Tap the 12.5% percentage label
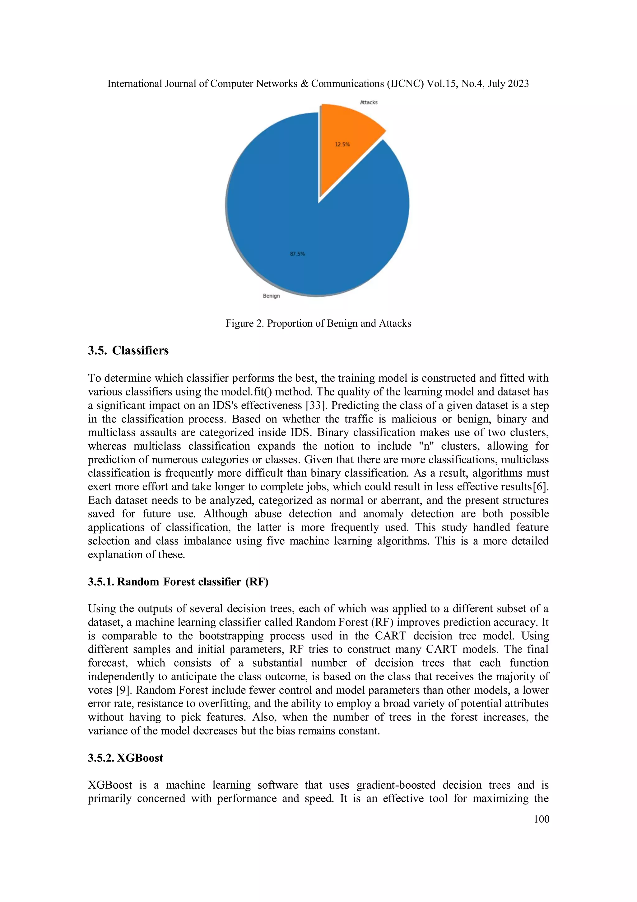pyautogui.click(x=342, y=144)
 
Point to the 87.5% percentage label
pyautogui.click(x=297, y=254)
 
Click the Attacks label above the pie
pyautogui.click(x=369, y=102)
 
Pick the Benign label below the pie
pyautogui.click(x=271, y=296)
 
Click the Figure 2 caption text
pyautogui.click(x=318, y=323)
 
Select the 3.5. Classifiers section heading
pyautogui.click(x=128, y=350)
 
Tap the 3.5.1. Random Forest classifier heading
pyautogui.click(x=178, y=582)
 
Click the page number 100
pyautogui.click(x=541, y=819)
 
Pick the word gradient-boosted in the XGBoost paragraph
pyautogui.click(x=396, y=785)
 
